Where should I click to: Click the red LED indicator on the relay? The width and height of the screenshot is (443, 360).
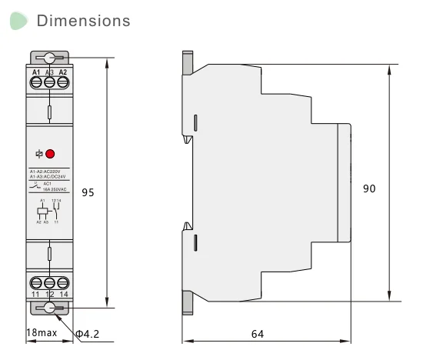pyautogui.click(x=51, y=154)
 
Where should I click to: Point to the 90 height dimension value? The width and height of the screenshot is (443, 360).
pyautogui.click(x=369, y=188)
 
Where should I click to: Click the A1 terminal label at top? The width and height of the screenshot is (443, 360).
pyautogui.click(x=36, y=72)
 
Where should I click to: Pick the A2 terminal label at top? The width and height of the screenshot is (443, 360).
pyautogui.click(x=63, y=72)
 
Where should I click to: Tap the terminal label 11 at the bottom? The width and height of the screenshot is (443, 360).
pyautogui.click(x=35, y=294)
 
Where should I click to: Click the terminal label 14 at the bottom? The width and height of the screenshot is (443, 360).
pyautogui.click(x=63, y=294)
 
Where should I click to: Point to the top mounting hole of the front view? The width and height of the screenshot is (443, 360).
pyautogui.click(x=50, y=58)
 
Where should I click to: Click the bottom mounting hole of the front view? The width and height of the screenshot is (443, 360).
pyautogui.click(x=50, y=308)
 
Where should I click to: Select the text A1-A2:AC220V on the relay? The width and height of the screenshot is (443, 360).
pyautogui.click(x=50, y=171)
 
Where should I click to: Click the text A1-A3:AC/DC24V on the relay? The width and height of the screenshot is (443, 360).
pyautogui.click(x=50, y=177)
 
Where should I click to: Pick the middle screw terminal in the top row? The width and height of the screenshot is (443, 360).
pyautogui.click(x=50, y=81)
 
